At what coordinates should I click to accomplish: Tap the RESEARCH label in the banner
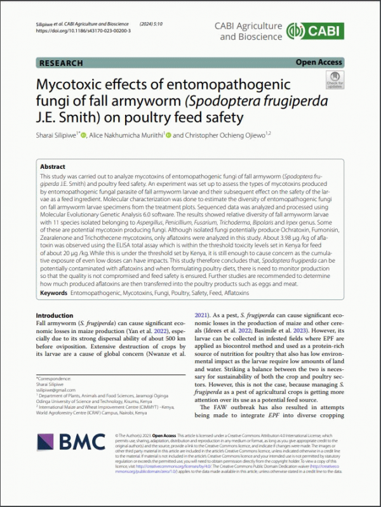61,63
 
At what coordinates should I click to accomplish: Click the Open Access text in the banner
319,62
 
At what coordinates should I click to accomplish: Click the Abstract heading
53,166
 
